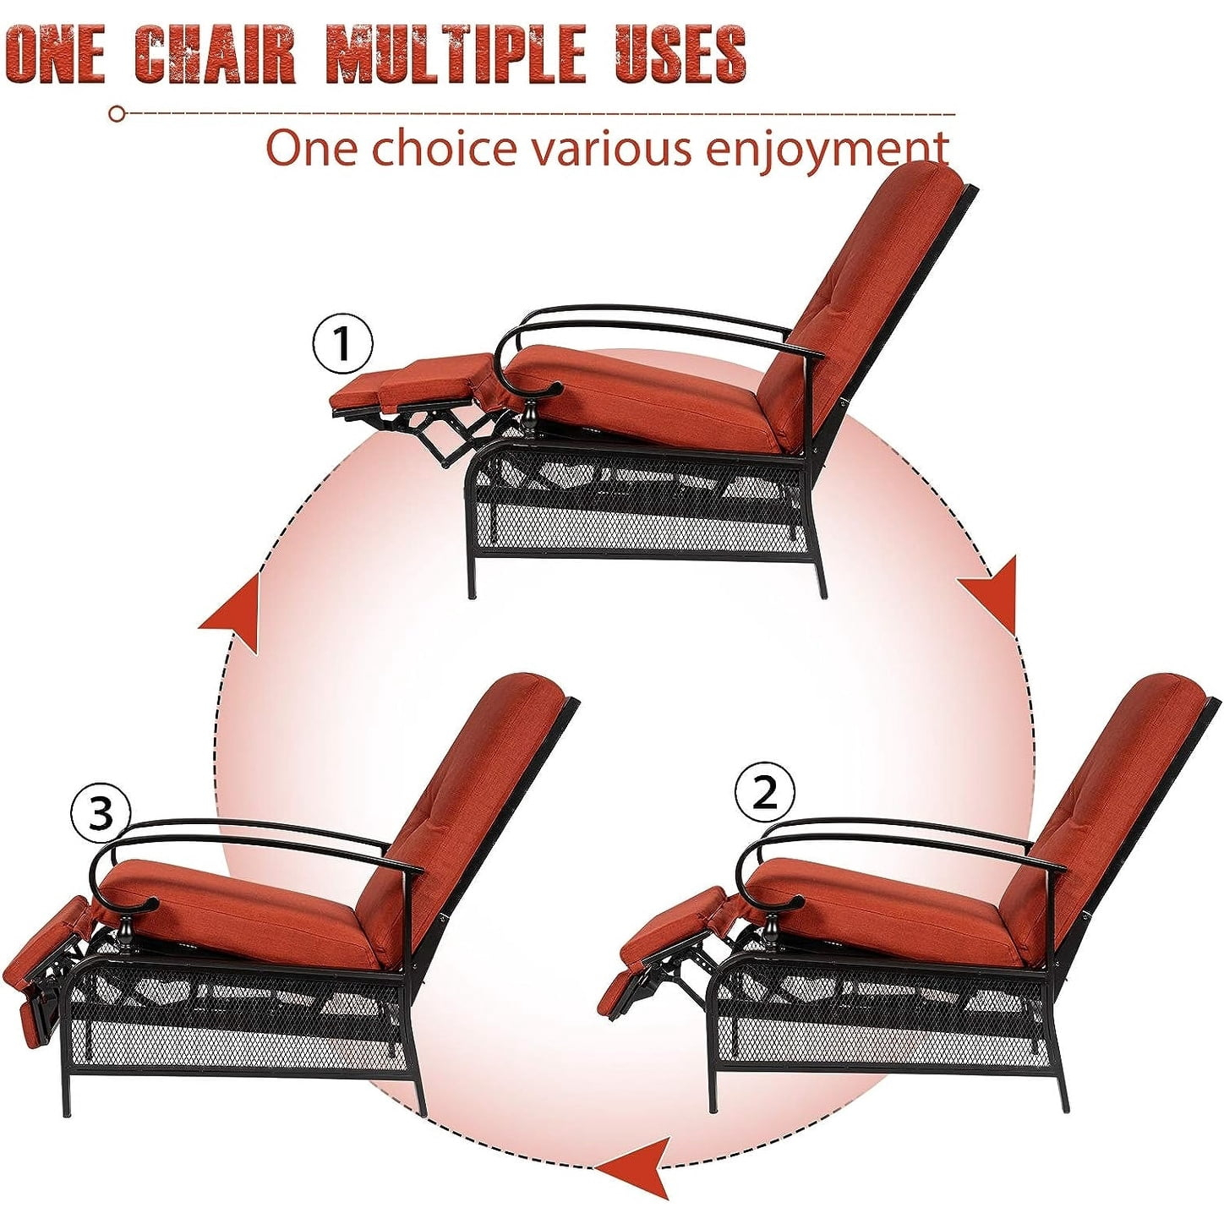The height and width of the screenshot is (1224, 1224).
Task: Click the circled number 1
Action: point(342,344)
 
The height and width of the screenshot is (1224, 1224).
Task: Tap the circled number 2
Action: point(764,792)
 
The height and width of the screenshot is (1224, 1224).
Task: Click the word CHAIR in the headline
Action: point(216,56)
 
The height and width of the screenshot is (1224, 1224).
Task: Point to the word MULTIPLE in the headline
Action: point(456,56)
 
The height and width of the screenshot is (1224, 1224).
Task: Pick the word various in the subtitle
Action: point(609,149)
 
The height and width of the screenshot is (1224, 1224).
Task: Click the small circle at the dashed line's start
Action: point(117,113)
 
